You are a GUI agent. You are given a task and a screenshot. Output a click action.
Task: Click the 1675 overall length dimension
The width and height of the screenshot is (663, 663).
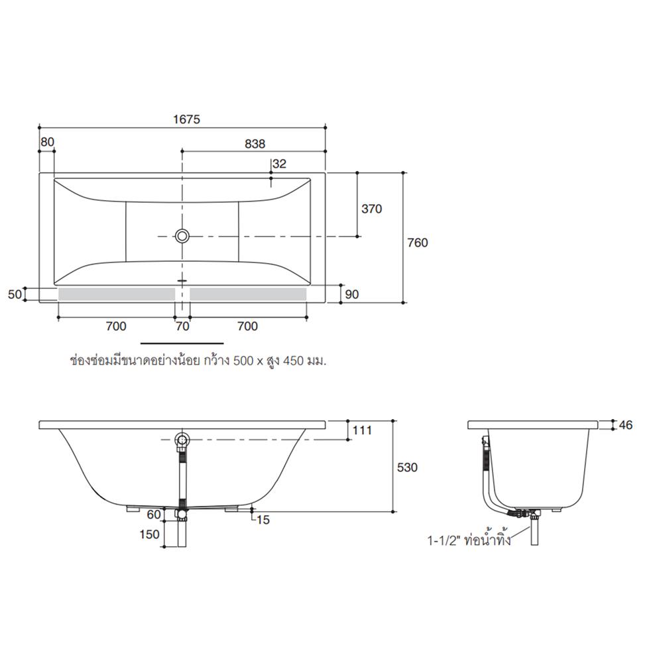(x=186, y=119)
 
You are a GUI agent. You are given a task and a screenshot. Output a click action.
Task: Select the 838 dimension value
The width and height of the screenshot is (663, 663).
(x=255, y=144)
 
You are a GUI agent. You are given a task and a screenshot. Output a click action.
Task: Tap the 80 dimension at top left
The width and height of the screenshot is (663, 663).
(x=47, y=142)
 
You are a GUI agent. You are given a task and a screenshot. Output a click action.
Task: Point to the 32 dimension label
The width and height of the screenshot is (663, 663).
(x=279, y=164)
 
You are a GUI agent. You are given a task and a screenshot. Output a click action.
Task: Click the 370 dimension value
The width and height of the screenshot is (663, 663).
(x=371, y=209)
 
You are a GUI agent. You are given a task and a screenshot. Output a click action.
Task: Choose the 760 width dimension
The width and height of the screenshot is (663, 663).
(x=418, y=243)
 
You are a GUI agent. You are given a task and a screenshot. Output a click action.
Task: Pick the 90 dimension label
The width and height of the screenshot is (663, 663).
(x=351, y=294)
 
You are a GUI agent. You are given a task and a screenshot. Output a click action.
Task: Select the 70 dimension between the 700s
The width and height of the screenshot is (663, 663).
(x=182, y=326)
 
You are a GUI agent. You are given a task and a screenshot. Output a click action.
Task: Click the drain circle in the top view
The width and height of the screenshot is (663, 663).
(x=182, y=235)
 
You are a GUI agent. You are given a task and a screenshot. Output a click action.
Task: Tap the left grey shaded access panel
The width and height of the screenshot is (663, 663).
(x=116, y=294)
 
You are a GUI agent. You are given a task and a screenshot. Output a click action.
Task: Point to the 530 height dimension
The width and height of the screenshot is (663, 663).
(x=407, y=467)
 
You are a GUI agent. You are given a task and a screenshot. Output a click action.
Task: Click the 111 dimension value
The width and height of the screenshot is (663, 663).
(x=362, y=430)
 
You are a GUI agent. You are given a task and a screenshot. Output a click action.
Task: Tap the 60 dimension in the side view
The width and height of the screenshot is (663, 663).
(x=154, y=514)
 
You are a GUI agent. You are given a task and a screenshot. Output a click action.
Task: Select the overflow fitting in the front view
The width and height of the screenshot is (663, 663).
(x=181, y=440)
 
